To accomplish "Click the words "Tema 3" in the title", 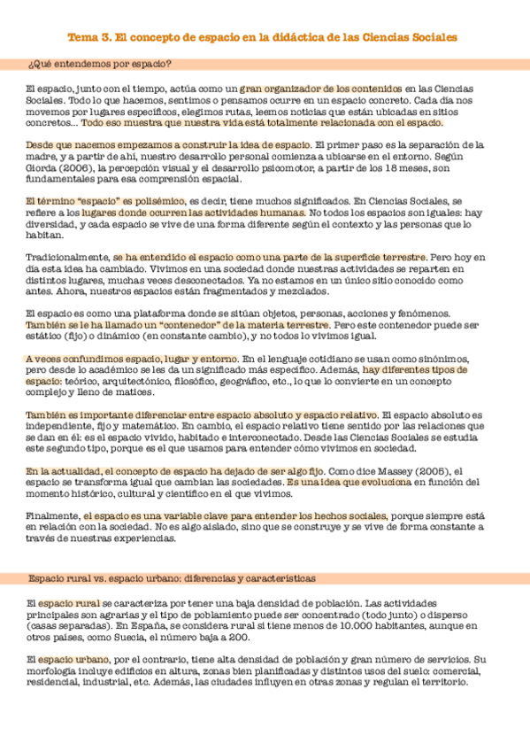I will pyautogui.click(x=90, y=38).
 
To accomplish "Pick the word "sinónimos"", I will pyautogui.click(x=454, y=358).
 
